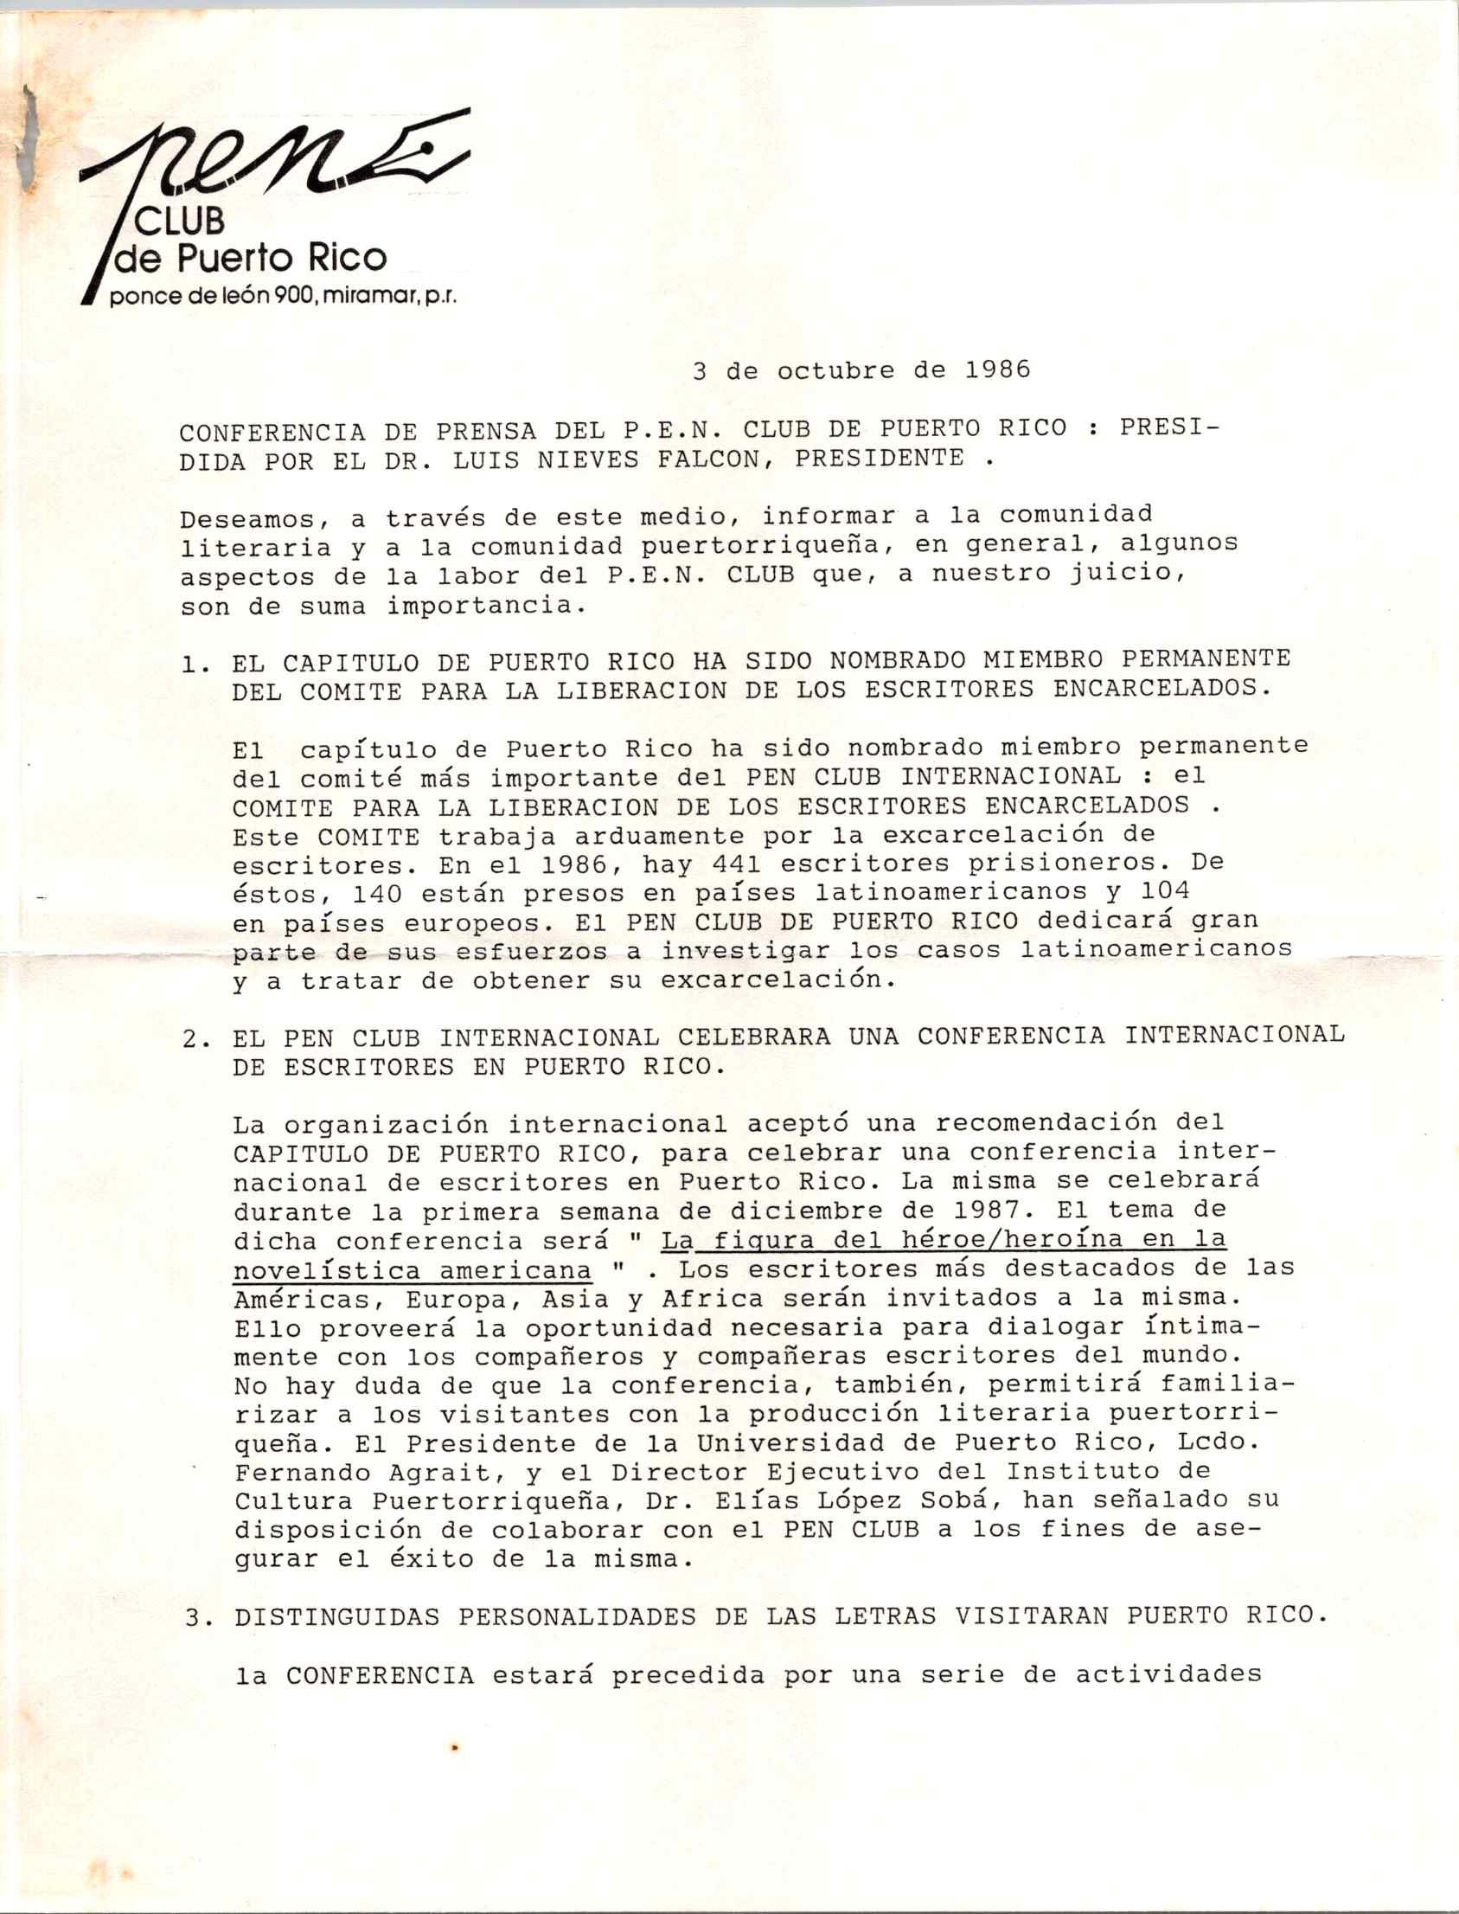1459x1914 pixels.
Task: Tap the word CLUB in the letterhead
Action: (181, 222)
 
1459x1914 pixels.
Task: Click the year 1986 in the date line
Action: (998, 370)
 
